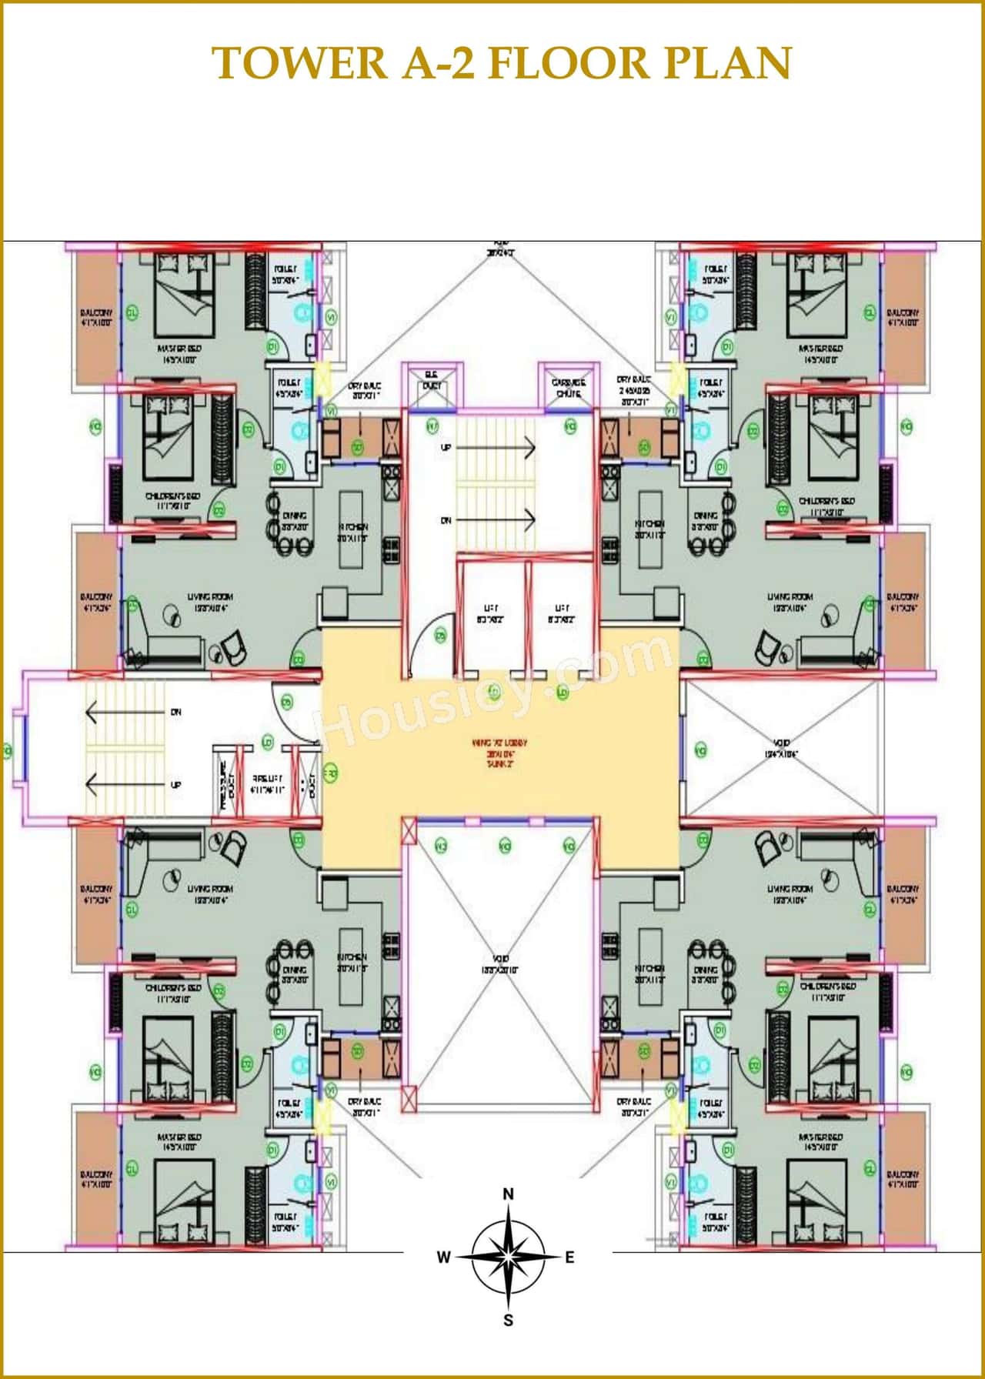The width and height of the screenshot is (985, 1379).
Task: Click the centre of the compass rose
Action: [508, 1257]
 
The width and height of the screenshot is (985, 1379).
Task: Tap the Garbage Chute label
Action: [569, 388]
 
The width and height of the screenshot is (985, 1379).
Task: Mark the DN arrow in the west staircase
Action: [131, 713]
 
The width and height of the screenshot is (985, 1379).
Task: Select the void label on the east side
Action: [781, 749]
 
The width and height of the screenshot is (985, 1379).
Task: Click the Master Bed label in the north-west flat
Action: [179, 353]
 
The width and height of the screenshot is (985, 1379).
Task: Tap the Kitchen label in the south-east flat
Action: [649, 973]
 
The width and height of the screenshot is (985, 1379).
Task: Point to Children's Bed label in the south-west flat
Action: [173, 993]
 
